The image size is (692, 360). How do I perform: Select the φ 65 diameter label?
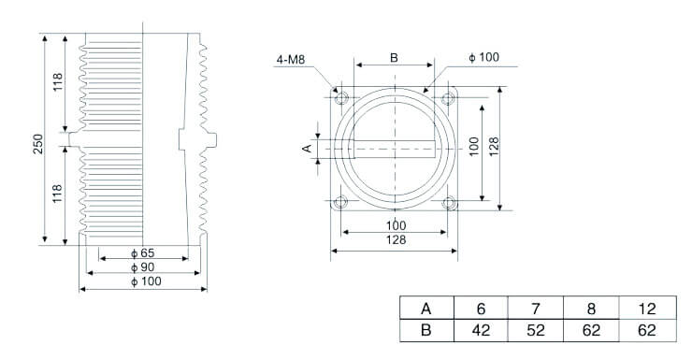coord(142,253)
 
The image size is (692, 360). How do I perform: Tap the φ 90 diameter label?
coord(142,267)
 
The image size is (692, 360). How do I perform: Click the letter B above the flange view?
coord(394,58)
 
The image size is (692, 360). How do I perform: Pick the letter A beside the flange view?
coord(307,148)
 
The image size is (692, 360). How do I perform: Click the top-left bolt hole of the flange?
coord(341,97)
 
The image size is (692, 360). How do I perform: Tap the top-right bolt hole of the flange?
coord(449,97)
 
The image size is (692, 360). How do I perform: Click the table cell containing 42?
coord(481,330)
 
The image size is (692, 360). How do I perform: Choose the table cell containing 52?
coord(536,330)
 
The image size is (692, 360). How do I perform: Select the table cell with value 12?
coord(646,309)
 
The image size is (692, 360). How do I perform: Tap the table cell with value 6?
coord(481,309)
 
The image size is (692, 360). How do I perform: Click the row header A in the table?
coord(426,309)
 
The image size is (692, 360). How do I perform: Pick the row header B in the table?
coord(426,330)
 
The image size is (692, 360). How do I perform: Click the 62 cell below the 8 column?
coord(591,330)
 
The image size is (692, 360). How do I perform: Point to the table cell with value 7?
coord(536,309)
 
